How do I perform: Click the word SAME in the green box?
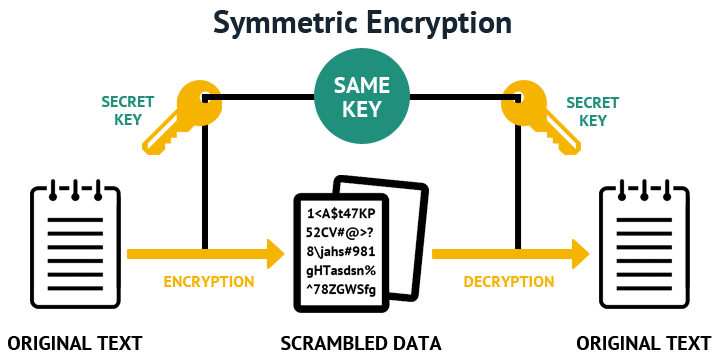pos(361,86)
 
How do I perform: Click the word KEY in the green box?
pos(361,109)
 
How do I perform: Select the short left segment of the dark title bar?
pos(241,24)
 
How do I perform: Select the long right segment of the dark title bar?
pos(391,24)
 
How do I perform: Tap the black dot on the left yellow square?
pos(205,98)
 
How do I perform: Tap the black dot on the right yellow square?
pos(518,98)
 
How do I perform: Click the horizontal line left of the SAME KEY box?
pos(260,97)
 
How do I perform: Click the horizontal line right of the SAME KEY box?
pos(463,97)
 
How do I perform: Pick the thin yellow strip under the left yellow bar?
pos(208,282)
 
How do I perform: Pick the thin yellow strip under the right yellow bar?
pos(508,282)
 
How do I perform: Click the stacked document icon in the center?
pos(360,244)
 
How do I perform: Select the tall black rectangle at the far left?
pos(75,244)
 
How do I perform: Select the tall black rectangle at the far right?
pos(644,244)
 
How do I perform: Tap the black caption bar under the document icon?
pos(361,343)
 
